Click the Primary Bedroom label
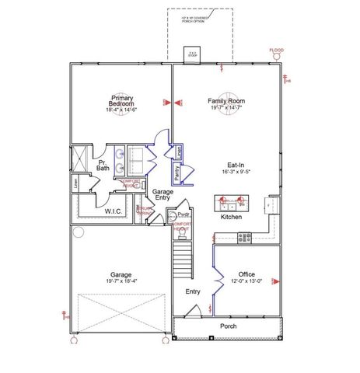click(121, 101)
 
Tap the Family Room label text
click(226, 101)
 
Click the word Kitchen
click(231, 217)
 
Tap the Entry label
click(193, 292)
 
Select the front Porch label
click(229, 326)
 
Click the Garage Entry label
click(163, 194)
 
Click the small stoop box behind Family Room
click(193, 55)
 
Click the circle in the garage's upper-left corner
click(77, 232)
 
